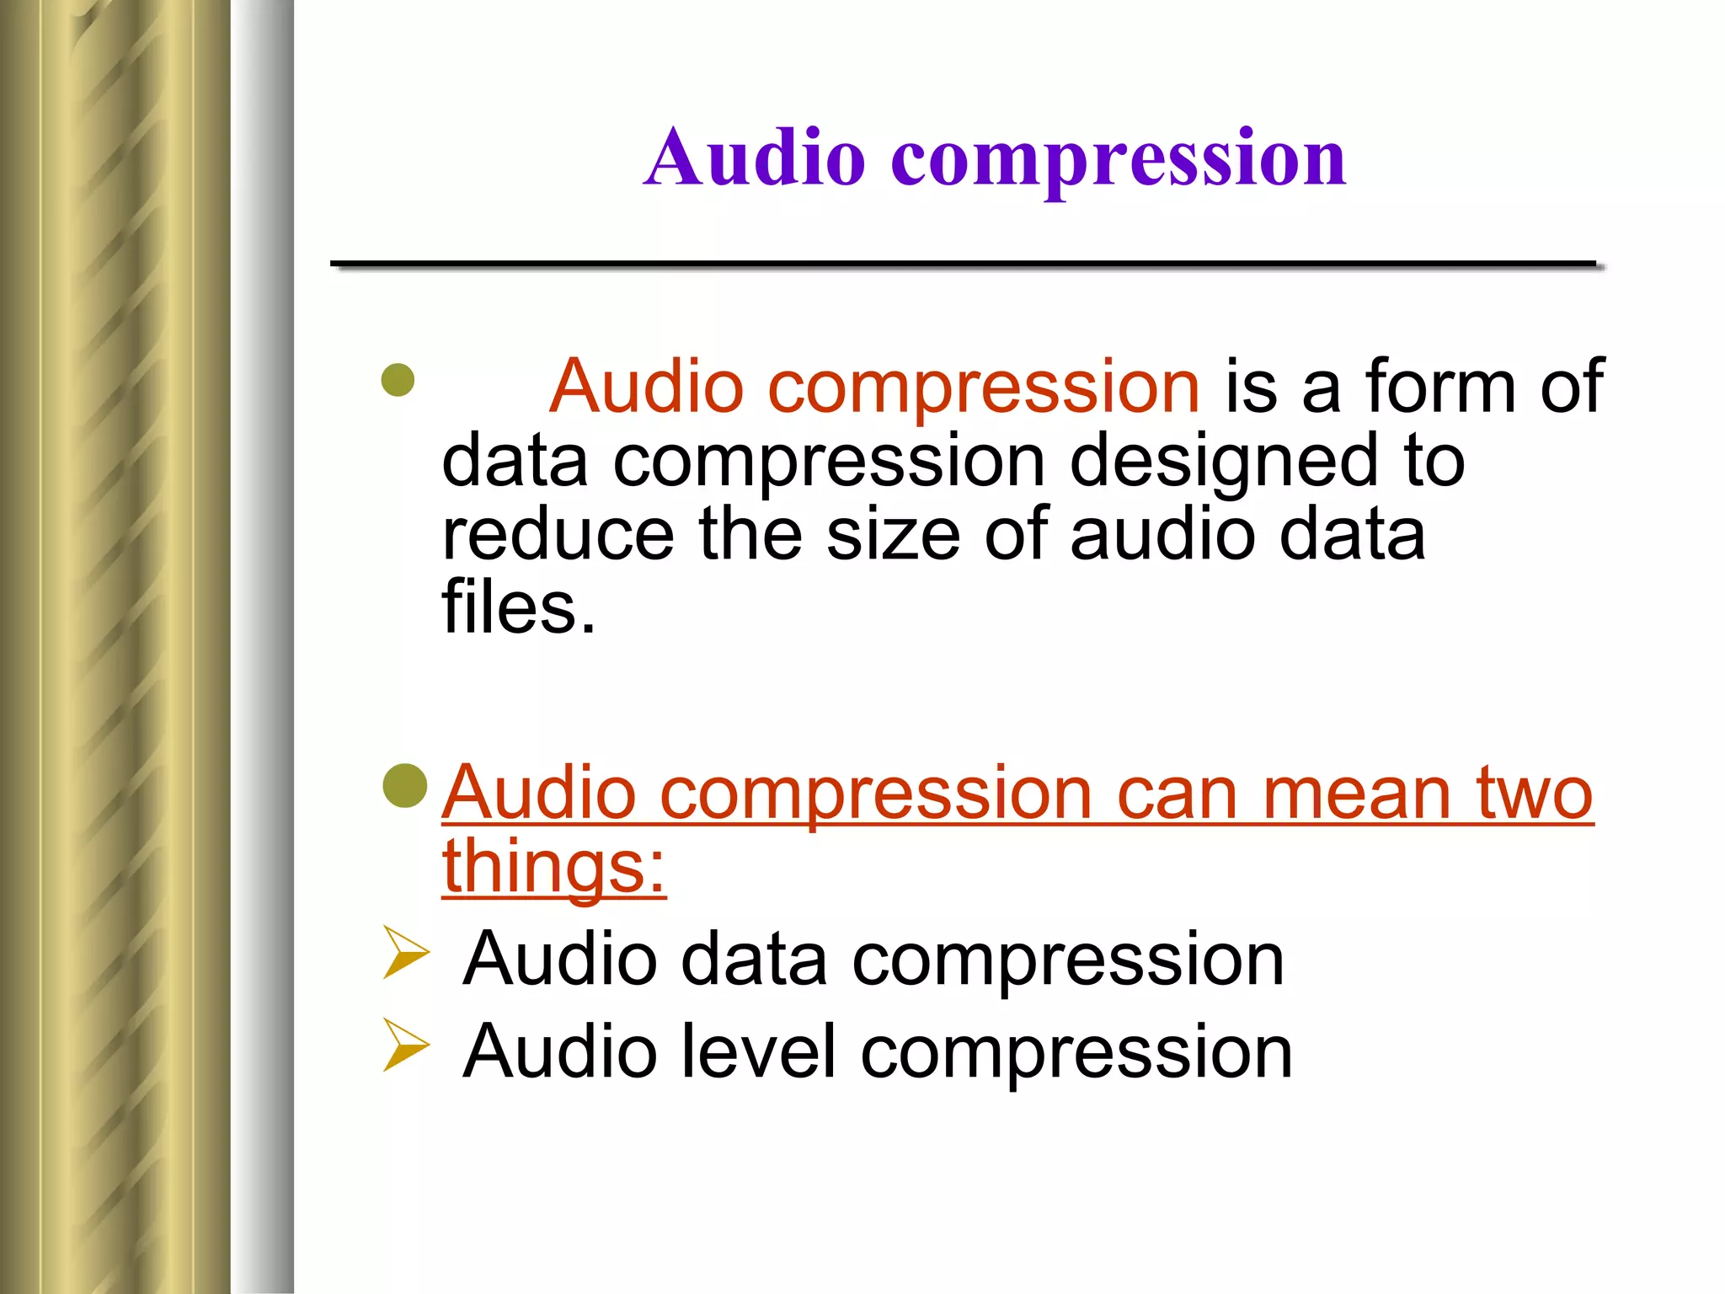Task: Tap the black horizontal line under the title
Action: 963,265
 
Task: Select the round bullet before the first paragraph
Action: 398,380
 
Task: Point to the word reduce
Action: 558,535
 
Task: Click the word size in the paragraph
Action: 893,535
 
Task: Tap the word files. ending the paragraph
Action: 518,607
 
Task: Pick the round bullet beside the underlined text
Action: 405,786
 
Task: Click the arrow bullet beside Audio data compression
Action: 405,952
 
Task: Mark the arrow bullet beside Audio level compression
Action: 405,1045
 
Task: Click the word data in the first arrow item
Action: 754,960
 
